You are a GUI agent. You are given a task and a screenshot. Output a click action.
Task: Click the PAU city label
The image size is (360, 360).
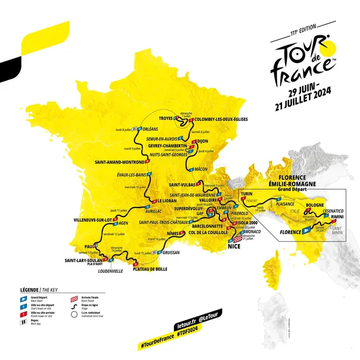[x=88, y=246]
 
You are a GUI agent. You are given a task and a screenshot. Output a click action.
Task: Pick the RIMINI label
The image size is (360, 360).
[x=337, y=217]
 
